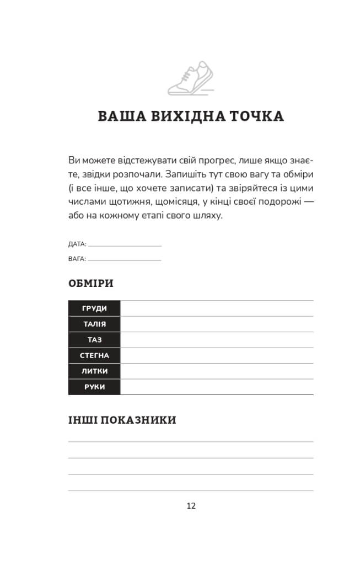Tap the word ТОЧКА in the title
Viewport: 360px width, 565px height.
pos(254,117)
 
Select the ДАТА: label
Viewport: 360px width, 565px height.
pos(77,244)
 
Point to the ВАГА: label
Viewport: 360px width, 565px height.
pos(77,258)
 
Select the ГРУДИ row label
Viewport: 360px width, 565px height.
pos(94,308)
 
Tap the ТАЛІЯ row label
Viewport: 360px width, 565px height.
pos(94,324)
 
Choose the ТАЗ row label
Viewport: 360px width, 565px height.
pos(94,340)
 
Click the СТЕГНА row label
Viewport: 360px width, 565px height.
pos(94,356)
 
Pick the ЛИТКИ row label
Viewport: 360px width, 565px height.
pos(94,371)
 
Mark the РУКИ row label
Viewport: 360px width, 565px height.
pos(94,387)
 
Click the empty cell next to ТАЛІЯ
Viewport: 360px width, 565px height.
pos(217,324)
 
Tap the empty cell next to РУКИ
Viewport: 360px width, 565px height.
pos(217,387)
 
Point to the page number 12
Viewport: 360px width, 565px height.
pos(191,505)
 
